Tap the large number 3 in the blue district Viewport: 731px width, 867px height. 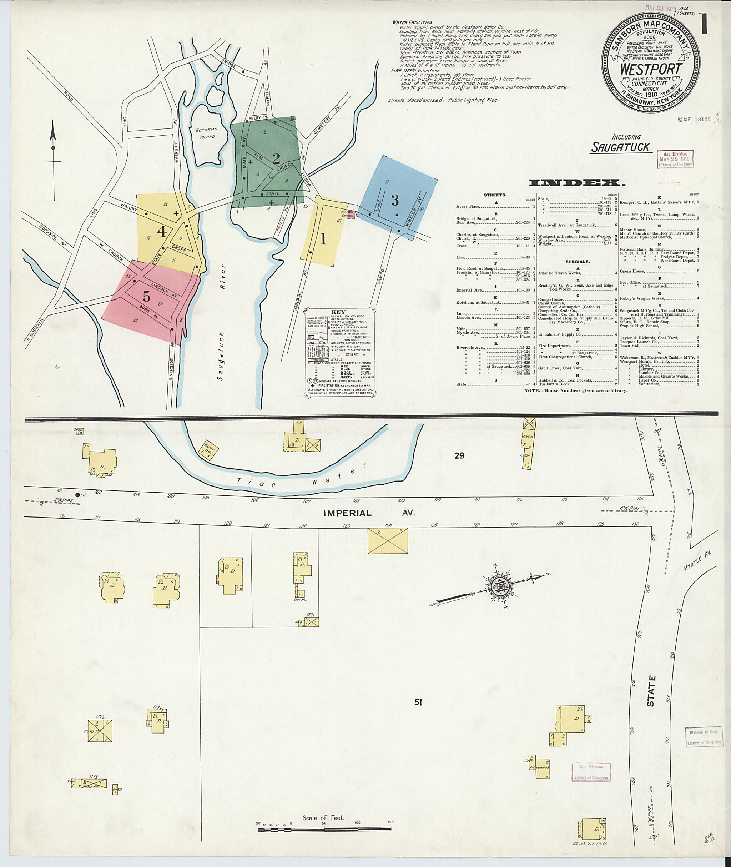pos(394,200)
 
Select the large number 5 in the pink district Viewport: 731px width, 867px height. pos(146,296)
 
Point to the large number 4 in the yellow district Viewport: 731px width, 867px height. pos(161,231)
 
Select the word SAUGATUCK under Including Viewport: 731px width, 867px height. pos(620,147)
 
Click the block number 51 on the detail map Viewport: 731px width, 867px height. pos(418,702)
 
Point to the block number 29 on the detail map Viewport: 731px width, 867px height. pos(459,455)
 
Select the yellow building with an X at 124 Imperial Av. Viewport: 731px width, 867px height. pos(388,540)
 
